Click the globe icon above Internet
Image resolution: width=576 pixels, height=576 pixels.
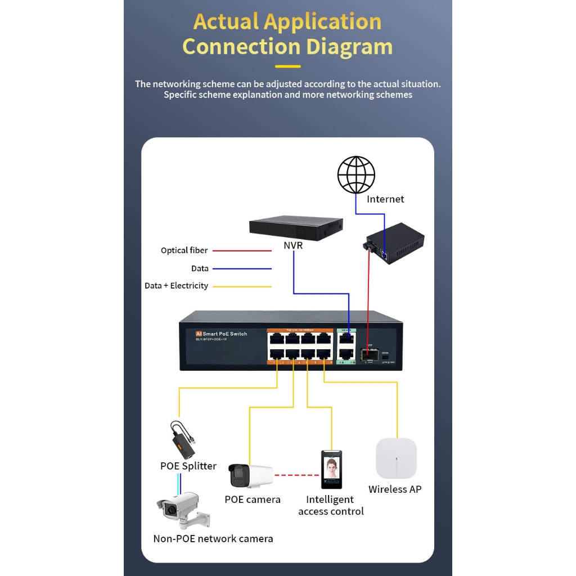356,175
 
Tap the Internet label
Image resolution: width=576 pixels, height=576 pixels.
385,199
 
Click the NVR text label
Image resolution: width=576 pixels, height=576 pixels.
293,245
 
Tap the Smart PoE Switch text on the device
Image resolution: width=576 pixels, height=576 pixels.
224,334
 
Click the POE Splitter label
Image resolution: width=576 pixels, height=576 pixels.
188,466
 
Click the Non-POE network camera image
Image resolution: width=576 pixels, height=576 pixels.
181,510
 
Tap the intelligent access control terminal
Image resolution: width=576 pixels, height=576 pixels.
331,469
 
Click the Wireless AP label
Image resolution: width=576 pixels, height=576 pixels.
395,489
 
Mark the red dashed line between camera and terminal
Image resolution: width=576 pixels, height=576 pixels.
296,475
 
